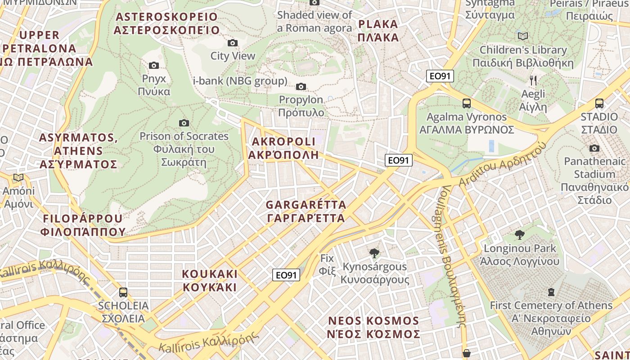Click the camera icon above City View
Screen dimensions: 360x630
[x=233, y=43]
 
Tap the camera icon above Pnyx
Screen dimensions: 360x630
[x=154, y=65]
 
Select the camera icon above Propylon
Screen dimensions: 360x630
[x=301, y=86]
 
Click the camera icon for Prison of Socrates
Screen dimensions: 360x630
[x=184, y=123]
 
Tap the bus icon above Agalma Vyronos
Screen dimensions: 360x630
[x=467, y=103]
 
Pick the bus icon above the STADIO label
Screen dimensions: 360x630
[x=599, y=103]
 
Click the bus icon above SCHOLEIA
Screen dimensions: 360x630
[x=123, y=292]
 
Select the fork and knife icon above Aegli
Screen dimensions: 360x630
[x=533, y=81]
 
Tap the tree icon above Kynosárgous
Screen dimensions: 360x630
[x=374, y=253]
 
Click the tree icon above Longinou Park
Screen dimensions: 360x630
[x=520, y=234]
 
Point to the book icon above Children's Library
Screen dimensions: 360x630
[x=522, y=36]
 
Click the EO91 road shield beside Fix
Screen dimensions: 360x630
[x=286, y=275]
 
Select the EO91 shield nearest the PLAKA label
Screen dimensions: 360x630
[x=440, y=76]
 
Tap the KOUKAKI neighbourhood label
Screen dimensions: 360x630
[x=209, y=280]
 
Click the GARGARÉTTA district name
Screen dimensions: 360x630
[x=306, y=211]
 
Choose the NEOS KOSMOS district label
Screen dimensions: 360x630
[x=374, y=327]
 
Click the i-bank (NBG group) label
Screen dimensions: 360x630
[x=240, y=81]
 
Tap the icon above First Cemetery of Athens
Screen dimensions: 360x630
[x=551, y=292]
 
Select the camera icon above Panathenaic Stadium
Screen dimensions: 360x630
[x=594, y=148]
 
